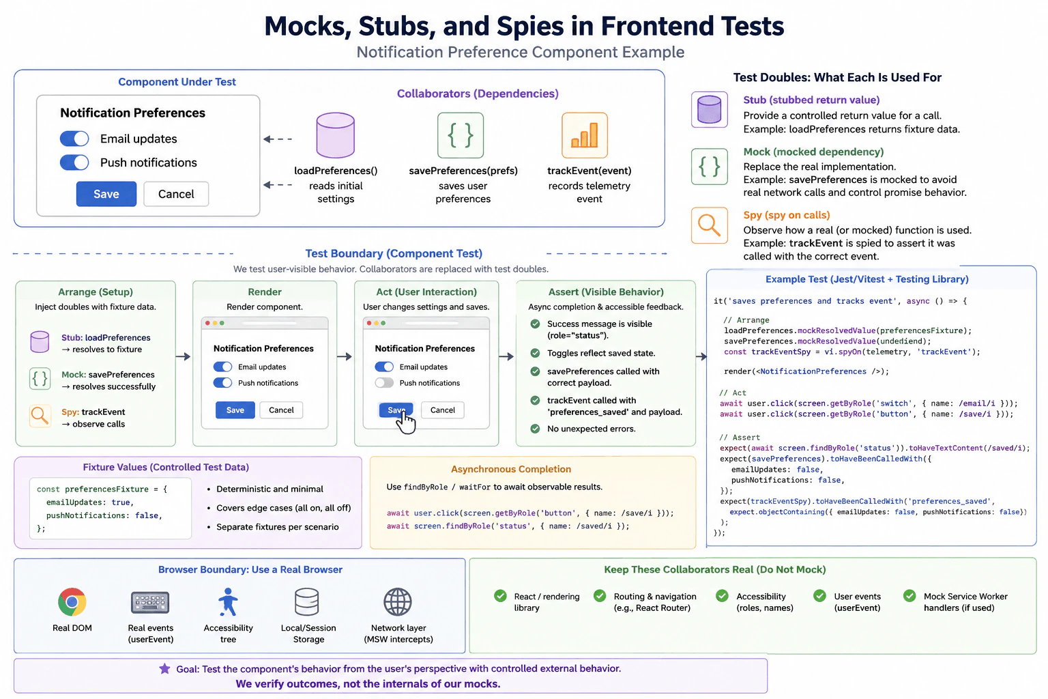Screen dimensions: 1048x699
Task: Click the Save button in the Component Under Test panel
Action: tap(106, 194)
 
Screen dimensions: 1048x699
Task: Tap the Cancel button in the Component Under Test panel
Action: tap(176, 194)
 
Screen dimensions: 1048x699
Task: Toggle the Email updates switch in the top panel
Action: tap(74, 139)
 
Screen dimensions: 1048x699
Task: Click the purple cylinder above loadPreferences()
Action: tap(336, 135)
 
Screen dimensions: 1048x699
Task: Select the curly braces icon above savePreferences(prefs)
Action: tap(461, 135)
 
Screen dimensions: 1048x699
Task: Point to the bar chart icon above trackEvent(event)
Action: tap(585, 135)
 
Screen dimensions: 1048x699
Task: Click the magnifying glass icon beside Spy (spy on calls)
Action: tap(710, 225)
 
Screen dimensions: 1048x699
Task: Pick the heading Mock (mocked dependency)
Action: tap(813, 152)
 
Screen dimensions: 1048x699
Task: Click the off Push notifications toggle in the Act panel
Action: tap(384, 383)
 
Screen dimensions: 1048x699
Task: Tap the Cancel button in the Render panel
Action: tap(281, 410)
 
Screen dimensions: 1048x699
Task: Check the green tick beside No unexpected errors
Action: tap(535, 429)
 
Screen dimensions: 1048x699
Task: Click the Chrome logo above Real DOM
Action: tap(72, 601)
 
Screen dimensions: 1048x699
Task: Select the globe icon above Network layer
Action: tap(398, 601)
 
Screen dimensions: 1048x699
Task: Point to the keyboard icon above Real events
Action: tap(150, 602)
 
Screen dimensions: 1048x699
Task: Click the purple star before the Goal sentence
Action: tap(164, 668)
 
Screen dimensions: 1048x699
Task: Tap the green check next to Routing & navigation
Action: tap(600, 595)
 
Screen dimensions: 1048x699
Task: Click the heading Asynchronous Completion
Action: tap(511, 469)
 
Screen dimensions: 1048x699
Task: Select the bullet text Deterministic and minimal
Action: tap(270, 489)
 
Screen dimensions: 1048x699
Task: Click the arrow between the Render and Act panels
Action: tap(345, 357)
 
